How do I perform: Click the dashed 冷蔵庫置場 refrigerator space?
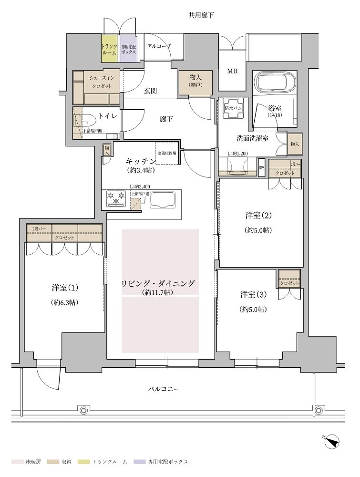(x=166, y=153)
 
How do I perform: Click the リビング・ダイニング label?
(x=159, y=283)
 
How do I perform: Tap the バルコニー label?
(x=164, y=389)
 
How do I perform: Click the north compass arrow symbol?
(x=332, y=442)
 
